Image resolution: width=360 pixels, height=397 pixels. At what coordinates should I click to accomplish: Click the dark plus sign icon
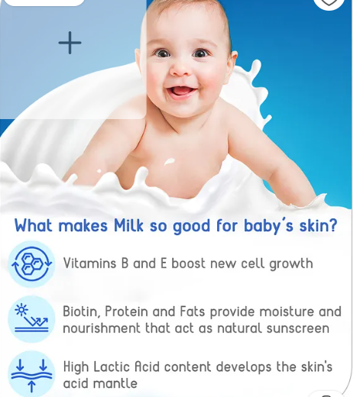70,43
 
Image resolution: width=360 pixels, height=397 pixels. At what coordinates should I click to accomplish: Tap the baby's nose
180,70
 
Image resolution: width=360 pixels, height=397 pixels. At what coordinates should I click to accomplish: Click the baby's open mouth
181,92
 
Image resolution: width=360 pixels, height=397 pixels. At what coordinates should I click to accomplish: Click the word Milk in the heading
128,225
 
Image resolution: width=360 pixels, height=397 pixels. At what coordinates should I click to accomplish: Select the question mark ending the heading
332,225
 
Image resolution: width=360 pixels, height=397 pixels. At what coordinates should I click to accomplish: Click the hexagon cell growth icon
31,264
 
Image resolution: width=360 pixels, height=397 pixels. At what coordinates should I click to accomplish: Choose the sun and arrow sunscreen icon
31,319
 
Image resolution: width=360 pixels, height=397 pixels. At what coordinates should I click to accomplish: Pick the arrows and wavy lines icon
31,374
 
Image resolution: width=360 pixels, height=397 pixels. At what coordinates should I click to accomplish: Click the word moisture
287,311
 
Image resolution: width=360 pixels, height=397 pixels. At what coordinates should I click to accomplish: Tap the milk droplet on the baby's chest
169,161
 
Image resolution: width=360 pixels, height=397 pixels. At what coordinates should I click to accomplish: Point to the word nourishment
102,328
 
